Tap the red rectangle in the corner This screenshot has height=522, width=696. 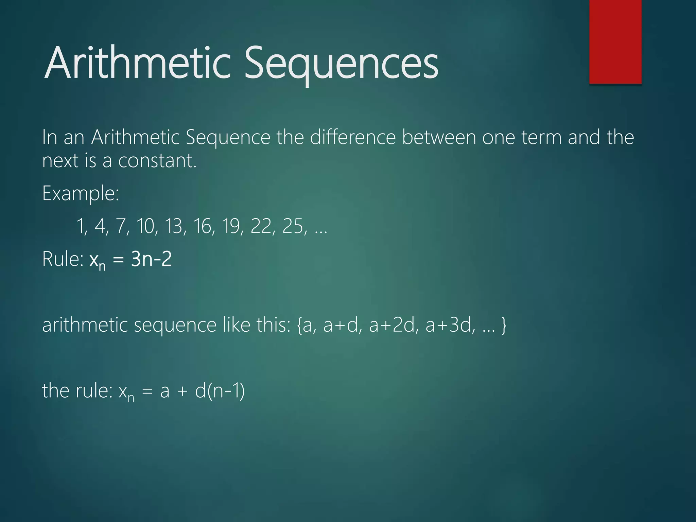pyautogui.click(x=615, y=41)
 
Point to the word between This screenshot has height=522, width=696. pyautogui.click(x=439, y=137)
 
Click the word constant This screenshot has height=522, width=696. pyautogui.click(x=157, y=160)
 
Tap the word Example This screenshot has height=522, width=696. pyautogui.click(x=80, y=193)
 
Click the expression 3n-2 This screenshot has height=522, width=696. pyautogui.click(x=151, y=259)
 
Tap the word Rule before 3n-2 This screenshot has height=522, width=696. pyautogui.click(x=62, y=259)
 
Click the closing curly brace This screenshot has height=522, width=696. pyautogui.click(x=504, y=325)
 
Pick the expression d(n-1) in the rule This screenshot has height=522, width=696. pyautogui.click(x=220, y=390)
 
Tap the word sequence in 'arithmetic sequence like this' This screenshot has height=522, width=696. pyautogui.click(x=175, y=325)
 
